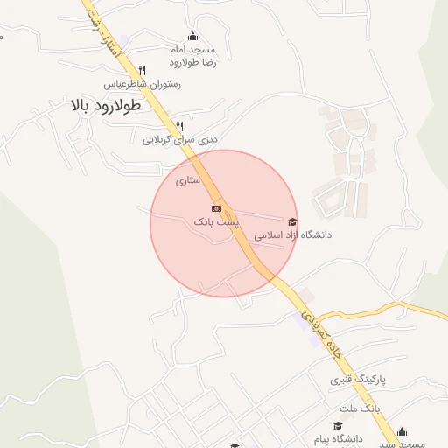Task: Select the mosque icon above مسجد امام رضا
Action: pos(192,36)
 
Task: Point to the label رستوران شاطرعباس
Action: pos(142,85)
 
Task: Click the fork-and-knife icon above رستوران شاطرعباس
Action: pos(142,70)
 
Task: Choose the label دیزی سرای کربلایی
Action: pos(180,139)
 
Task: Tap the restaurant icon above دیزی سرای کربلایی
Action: pos(180,125)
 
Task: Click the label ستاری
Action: pos(188,180)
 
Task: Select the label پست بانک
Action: pos(216,223)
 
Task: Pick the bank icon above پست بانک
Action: pos(216,208)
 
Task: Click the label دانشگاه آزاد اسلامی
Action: pos(292,235)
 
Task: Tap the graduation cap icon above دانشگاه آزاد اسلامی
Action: pos(292,221)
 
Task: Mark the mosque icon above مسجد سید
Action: pos(402,430)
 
